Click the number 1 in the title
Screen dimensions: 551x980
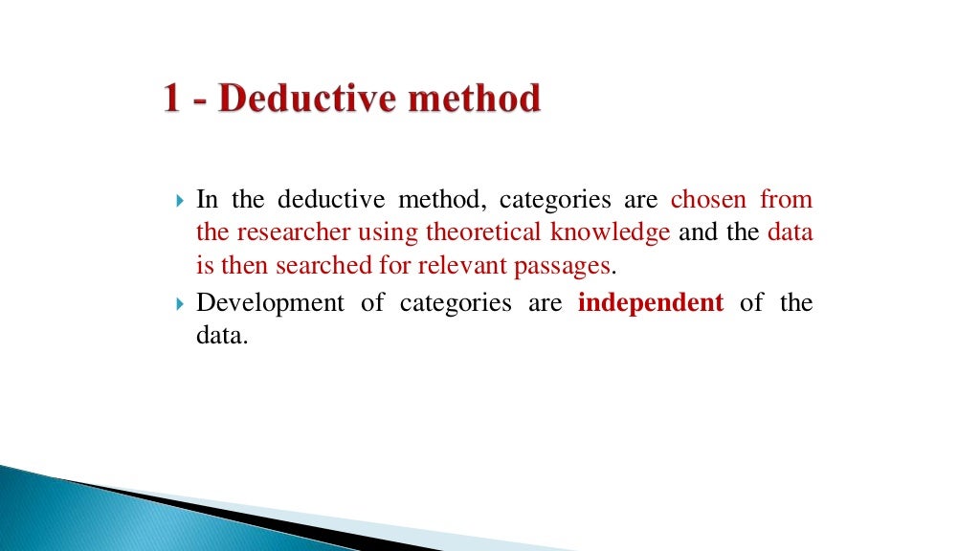tap(172, 99)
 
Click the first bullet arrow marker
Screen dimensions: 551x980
tap(182, 201)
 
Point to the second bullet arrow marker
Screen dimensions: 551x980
tap(182, 304)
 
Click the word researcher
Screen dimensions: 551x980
tap(291, 232)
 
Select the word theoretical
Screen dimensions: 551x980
tap(484, 232)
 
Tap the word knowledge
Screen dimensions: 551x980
tap(610, 232)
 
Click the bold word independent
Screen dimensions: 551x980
tap(651, 303)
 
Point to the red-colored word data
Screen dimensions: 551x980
tap(790, 232)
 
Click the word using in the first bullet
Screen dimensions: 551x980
tap(389, 233)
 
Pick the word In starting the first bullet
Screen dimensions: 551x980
tap(207, 200)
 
